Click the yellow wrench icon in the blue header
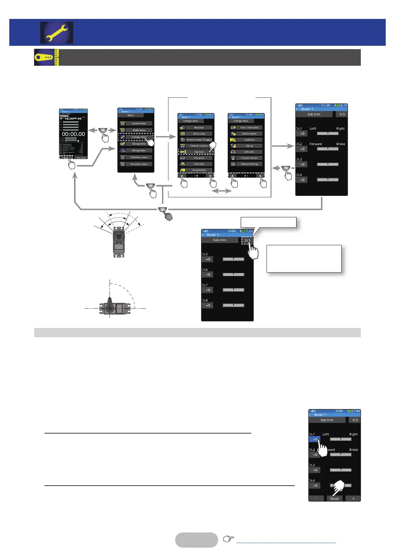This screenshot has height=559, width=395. coord(57,33)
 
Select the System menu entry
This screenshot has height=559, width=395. coord(139,123)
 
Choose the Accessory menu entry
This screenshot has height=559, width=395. coord(139,164)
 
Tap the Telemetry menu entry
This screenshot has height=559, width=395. coord(139,157)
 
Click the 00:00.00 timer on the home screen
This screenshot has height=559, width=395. coord(73,134)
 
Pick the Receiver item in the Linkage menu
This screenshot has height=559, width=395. coord(199,127)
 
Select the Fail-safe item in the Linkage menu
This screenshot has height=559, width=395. coord(199,164)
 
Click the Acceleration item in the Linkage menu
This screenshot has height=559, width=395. coord(199,170)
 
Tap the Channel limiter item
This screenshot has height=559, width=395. coord(249,158)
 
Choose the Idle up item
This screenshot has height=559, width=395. coord(249,146)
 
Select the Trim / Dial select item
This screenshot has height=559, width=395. coord(249,127)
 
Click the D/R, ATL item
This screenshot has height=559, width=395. coord(249,152)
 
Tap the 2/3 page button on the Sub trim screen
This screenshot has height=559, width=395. coord(247,240)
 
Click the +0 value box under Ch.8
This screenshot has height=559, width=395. coord(208,305)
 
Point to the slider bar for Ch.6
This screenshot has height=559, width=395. coord(233,275)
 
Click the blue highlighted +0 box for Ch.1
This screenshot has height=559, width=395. coord(315,439)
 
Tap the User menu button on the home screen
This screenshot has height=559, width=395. coord(81,158)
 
